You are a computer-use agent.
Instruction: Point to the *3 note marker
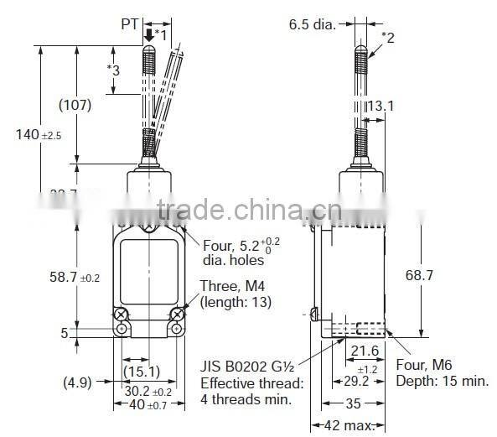point(114,70)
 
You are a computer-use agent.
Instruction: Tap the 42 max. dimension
point(351,426)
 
